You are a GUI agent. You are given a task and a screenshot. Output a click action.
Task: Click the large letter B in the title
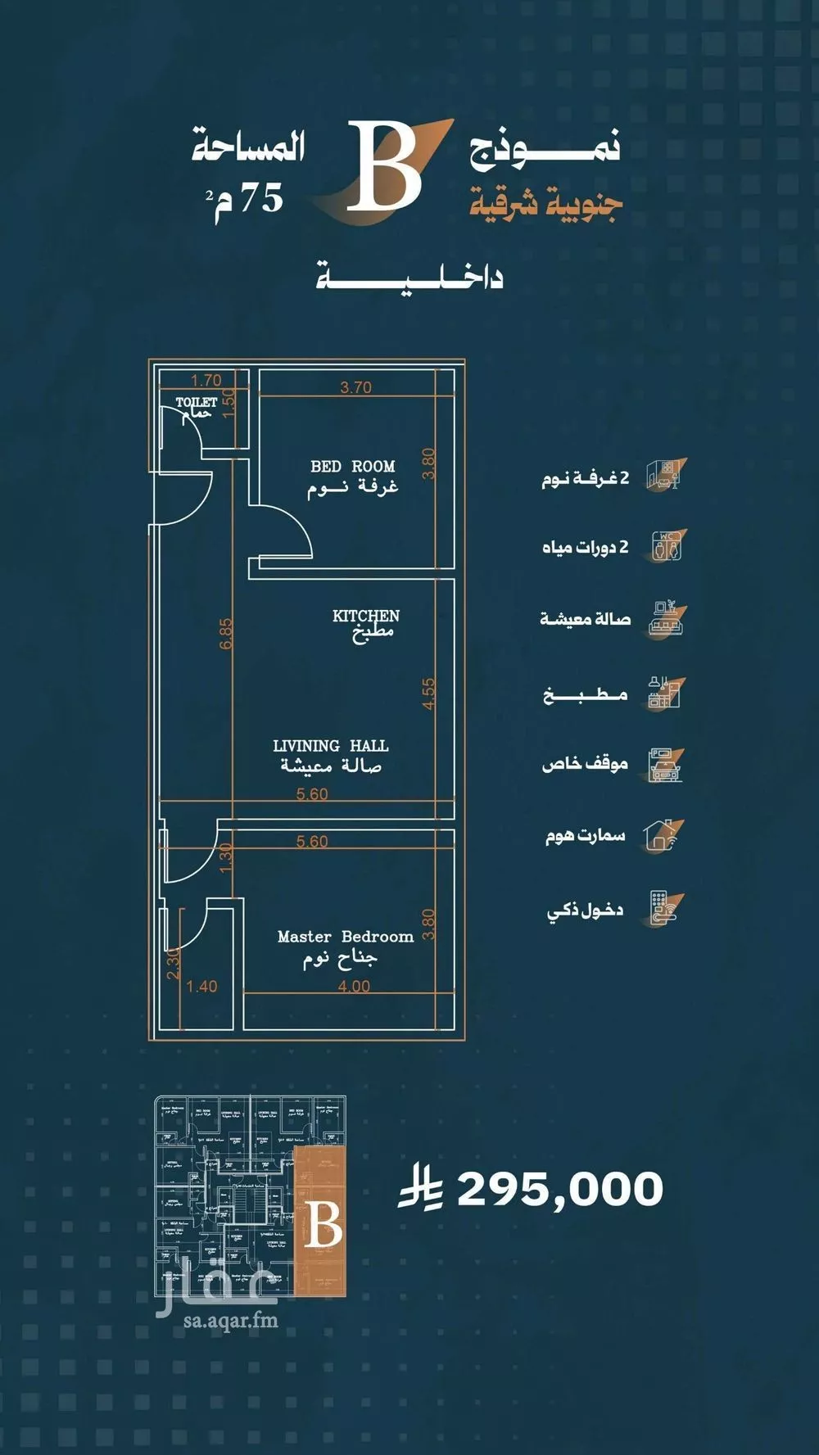click(x=382, y=166)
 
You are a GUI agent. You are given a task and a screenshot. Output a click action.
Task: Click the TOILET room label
click(x=197, y=402)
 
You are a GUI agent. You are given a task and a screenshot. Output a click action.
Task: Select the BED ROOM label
click(x=352, y=466)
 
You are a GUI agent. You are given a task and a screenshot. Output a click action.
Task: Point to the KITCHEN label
click(x=365, y=616)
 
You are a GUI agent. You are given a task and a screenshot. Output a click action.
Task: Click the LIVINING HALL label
click(x=330, y=746)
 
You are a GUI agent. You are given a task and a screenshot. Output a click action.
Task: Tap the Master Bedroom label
click(x=345, y=937)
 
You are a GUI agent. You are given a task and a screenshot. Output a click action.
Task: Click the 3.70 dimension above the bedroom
click(x=355, y=387)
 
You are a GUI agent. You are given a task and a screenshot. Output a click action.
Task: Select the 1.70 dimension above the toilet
click(x=206, y=380)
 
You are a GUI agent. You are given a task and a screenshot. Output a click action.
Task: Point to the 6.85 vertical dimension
click(x=227, y=634)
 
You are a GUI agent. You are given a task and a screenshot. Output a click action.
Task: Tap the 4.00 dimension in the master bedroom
click(x=354, y=987)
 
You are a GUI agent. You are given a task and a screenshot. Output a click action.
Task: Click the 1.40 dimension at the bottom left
click(x=201, y=987)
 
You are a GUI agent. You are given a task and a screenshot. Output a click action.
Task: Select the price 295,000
click(x=559, y=1189)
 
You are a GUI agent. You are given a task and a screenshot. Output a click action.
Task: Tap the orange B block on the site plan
click(x=324, y=1225)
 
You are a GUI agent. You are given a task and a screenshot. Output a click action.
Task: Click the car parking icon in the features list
click(x=665, y=765)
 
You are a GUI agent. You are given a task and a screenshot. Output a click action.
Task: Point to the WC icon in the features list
click(x=667, y=545)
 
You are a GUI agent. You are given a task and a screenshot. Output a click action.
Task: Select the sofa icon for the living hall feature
click(x=665, y=620)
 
